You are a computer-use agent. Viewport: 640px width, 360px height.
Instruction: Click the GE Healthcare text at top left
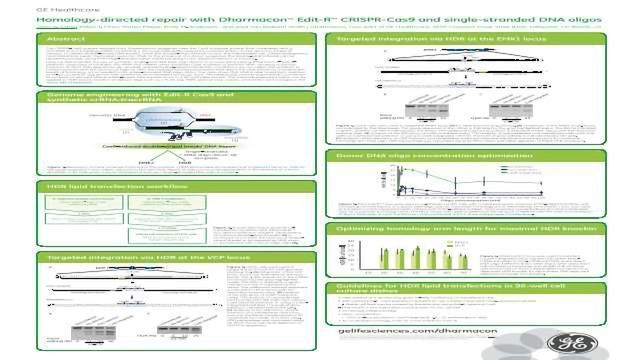click(x=28, y=6)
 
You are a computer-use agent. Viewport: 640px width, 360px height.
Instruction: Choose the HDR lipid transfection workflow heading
click(x=100, y=187)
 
